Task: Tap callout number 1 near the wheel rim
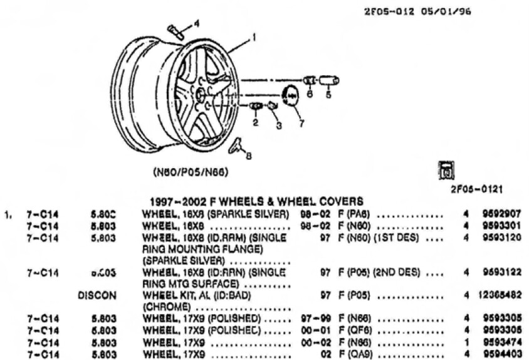pos(254,38)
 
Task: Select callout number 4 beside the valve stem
pos(196,23)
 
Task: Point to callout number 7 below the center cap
pos(301,124)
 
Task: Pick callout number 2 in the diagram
pos(255,122)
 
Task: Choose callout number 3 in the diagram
pos(278,125)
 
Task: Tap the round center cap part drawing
pos(291,97)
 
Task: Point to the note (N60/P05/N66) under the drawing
pos(191,171)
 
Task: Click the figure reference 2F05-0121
pos(478,188)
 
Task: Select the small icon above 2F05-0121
pos(448,169)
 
